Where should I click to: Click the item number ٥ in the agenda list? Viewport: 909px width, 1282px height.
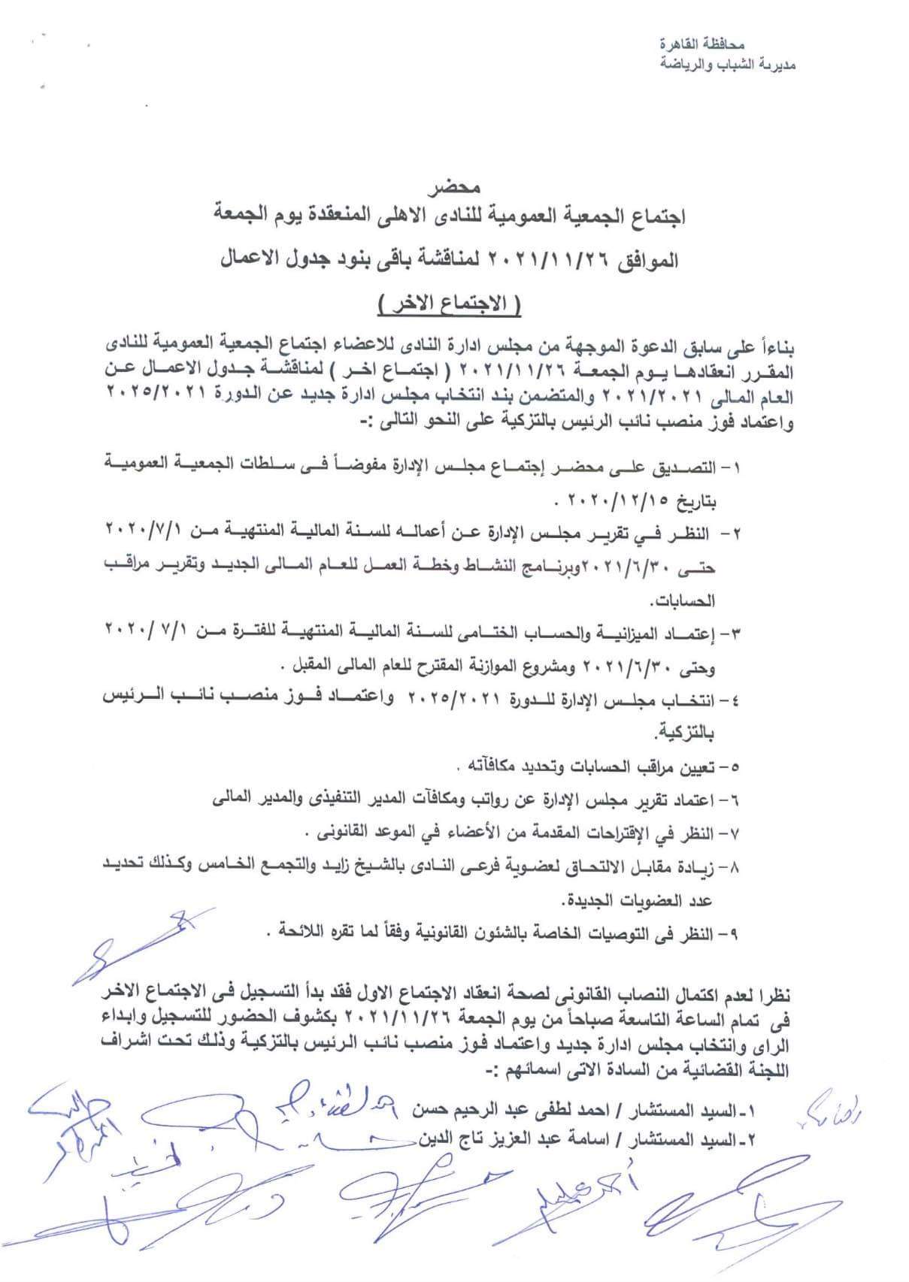point(733,767)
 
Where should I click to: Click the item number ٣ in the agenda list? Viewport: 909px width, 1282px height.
point(733,635)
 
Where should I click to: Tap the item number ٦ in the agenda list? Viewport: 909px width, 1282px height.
point(733,801)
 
